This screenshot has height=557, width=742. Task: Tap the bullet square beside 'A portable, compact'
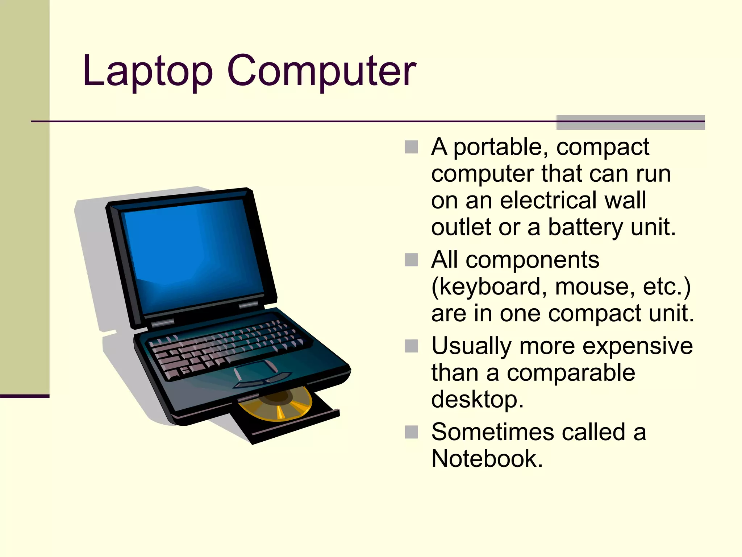click(411, 147)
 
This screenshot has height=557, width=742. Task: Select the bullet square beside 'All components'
click(411, 260)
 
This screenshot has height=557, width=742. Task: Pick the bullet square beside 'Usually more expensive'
click(411, 346)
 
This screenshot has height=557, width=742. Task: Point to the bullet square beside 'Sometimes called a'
click(411, 432)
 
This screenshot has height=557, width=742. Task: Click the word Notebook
click(487, 459)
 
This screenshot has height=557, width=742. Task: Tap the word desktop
click(477, 400)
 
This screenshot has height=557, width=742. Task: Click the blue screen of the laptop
click(192, 254)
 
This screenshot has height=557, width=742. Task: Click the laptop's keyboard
click(225, 348)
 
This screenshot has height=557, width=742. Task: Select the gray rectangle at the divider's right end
click(630, 122)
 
